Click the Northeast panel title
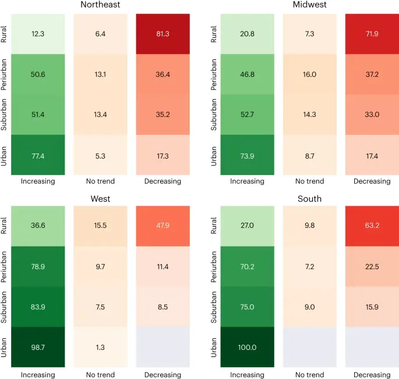click(x=100, y=5)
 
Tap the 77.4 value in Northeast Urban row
click(x=37, y=155)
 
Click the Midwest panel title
click(x=310, y=5)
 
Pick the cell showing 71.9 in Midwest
click(x=372, y=34)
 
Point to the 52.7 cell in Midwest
click(x=247, y=115)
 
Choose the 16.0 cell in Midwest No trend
click(x=310, y=74)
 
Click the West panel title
click(x=100, y=199)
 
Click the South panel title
click(x=310, y=199)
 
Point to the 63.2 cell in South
click(x=372, y=226)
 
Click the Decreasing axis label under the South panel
click(x=372, y=374)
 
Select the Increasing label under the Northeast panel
click(x=37, y=181)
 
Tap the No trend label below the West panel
click(x=100, y=374)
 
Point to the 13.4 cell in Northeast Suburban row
click(x=100, y=115)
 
